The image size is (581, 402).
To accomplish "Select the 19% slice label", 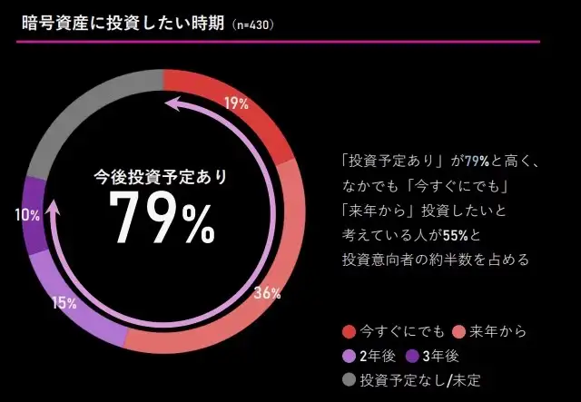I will coord(236,103).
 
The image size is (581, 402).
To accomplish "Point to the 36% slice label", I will coord(267,293).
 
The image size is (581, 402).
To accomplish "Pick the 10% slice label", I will coord(27,215).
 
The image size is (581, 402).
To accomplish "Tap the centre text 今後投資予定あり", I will coord(162,176).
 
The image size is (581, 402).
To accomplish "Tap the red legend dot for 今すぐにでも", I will coord(348,330).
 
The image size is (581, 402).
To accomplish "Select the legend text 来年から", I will coord(496,330).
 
